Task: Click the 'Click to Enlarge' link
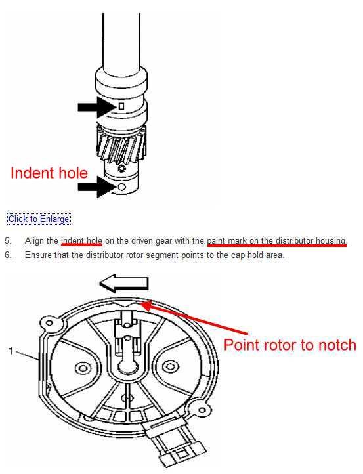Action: (x=39, y=219)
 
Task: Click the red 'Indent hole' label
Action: (x=49, y=173)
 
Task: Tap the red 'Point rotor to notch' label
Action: (x=290, y=345)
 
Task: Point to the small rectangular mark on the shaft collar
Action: (x=121, y=106)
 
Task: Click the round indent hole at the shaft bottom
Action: (x=121, y=187)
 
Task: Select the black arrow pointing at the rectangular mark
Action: (x=96, y=107)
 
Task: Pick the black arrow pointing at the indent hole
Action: (x=96, y=187)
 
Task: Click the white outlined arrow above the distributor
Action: (x=124, y=283)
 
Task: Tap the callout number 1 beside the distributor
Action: (x=11, y=351)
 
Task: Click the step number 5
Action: (x=8, y=241)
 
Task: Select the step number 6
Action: (x=8, y=255)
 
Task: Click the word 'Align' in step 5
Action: (x=34, y=241)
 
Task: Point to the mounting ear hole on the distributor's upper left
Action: (x=49, y=323)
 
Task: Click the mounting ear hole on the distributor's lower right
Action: (x=202, y=410)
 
